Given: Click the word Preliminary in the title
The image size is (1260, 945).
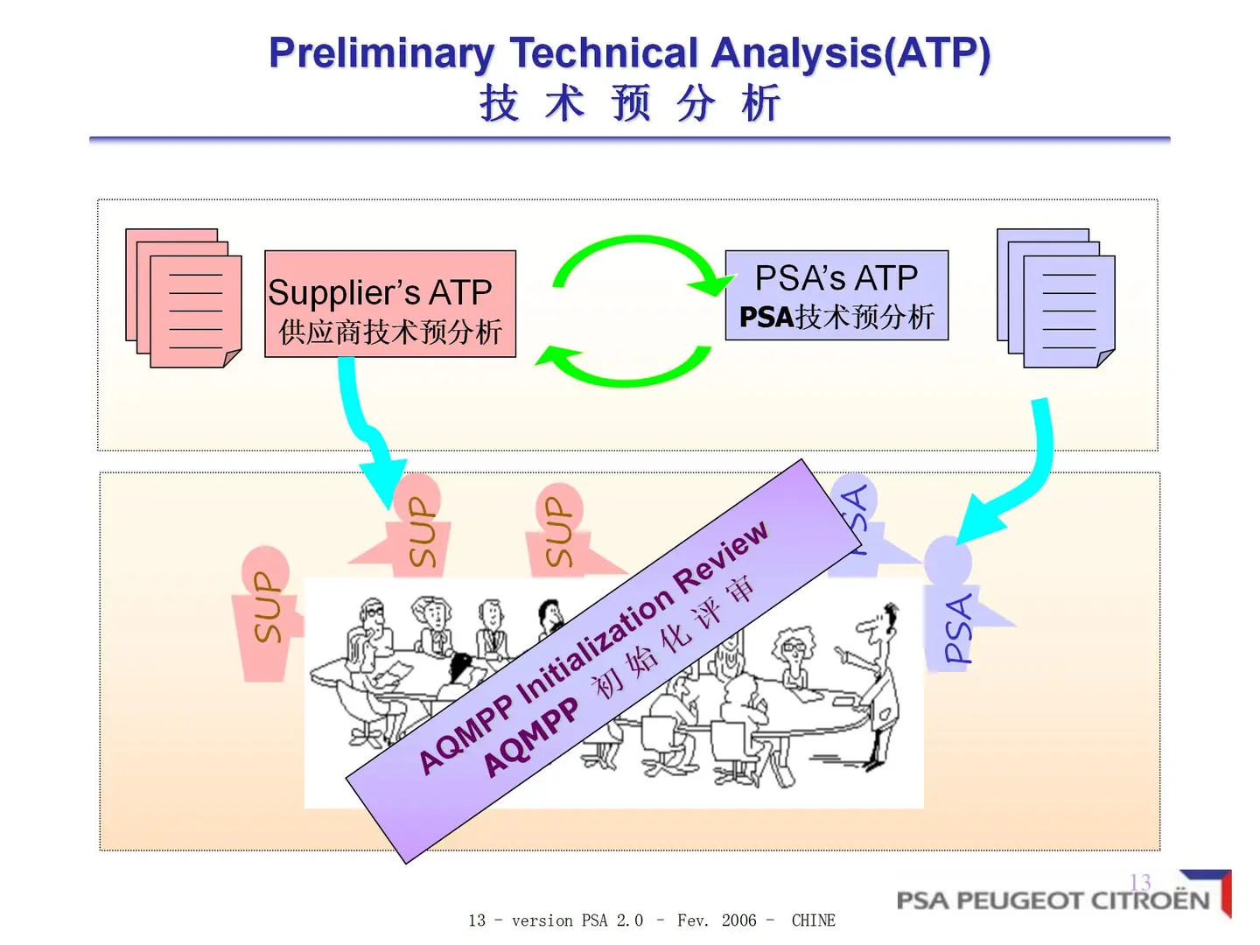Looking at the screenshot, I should click(x=381, y=53).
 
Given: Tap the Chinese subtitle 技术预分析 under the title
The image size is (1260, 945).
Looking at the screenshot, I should click(x=629, y=103).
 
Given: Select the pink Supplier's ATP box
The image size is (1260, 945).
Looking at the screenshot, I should click(x=390, y=304).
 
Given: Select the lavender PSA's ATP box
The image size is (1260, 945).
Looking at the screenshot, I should click(x=836, y=295).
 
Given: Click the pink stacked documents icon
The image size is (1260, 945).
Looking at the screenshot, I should click(x=184, y=298).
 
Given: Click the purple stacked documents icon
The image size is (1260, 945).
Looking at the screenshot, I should click(x=1056, y=298).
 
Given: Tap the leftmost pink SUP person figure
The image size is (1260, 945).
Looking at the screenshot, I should click(x=265, y=612).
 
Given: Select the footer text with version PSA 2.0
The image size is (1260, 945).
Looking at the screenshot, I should click(x=577, y=920).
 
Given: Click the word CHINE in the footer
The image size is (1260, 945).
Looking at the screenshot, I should click(x=813, y=920).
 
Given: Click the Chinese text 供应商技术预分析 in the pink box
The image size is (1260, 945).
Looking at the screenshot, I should click(x=390, y=332).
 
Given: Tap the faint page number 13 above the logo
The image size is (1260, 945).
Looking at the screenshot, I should click(x=1140, y=881).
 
